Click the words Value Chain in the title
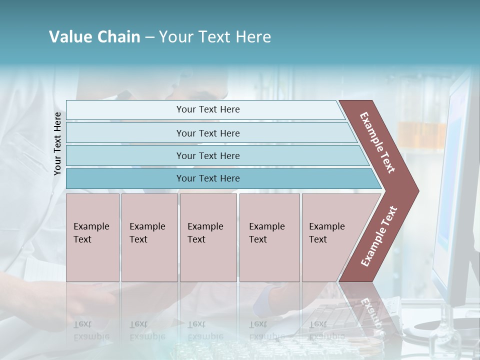click(x=94, y=37)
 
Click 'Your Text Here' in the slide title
click(x=215, y=37)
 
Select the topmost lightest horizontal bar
click(x=125, y=110)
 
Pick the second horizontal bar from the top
click(x=125, y=133)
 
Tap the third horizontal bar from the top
click(x=125, y=155)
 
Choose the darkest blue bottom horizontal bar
click(x=125, y=178)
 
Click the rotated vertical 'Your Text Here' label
click(x=57, y=143)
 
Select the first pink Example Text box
click(x=92, y=260)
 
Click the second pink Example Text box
click(x=149, y=260)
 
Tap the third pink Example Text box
click(x=208, y=260)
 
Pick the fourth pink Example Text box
click(x=269, y=260)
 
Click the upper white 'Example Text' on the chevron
click(x=377, y=142)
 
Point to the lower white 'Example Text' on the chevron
click(x=379, y=236)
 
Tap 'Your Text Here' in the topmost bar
click(x=208, y=109)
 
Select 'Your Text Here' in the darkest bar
click(x=208, y=178)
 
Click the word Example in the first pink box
click(x=91, y=226)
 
